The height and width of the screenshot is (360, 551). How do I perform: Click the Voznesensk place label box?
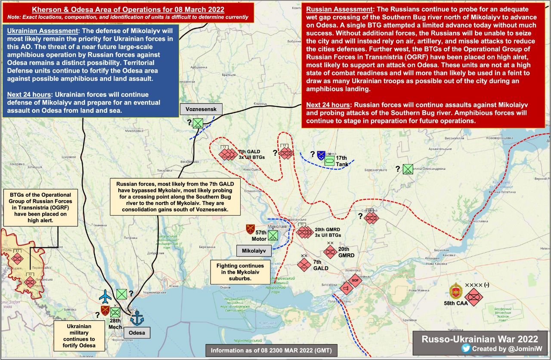coord(201,109)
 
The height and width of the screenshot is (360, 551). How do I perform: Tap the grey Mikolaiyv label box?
coord(254,251)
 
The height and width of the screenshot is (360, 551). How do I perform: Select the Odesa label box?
coord(136,332)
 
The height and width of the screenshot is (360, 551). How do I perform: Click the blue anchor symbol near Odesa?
coord(138,319)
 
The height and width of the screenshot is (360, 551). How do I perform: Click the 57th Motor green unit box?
coord(273,235)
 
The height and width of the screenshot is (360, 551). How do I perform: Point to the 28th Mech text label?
coord(115,323)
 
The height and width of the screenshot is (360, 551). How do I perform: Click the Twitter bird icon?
coord(465,348)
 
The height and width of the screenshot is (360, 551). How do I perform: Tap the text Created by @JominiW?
coord(505,348)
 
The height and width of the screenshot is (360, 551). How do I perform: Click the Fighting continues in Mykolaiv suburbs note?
coord(237,272)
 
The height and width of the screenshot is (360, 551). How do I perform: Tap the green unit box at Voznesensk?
coord(198,124)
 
